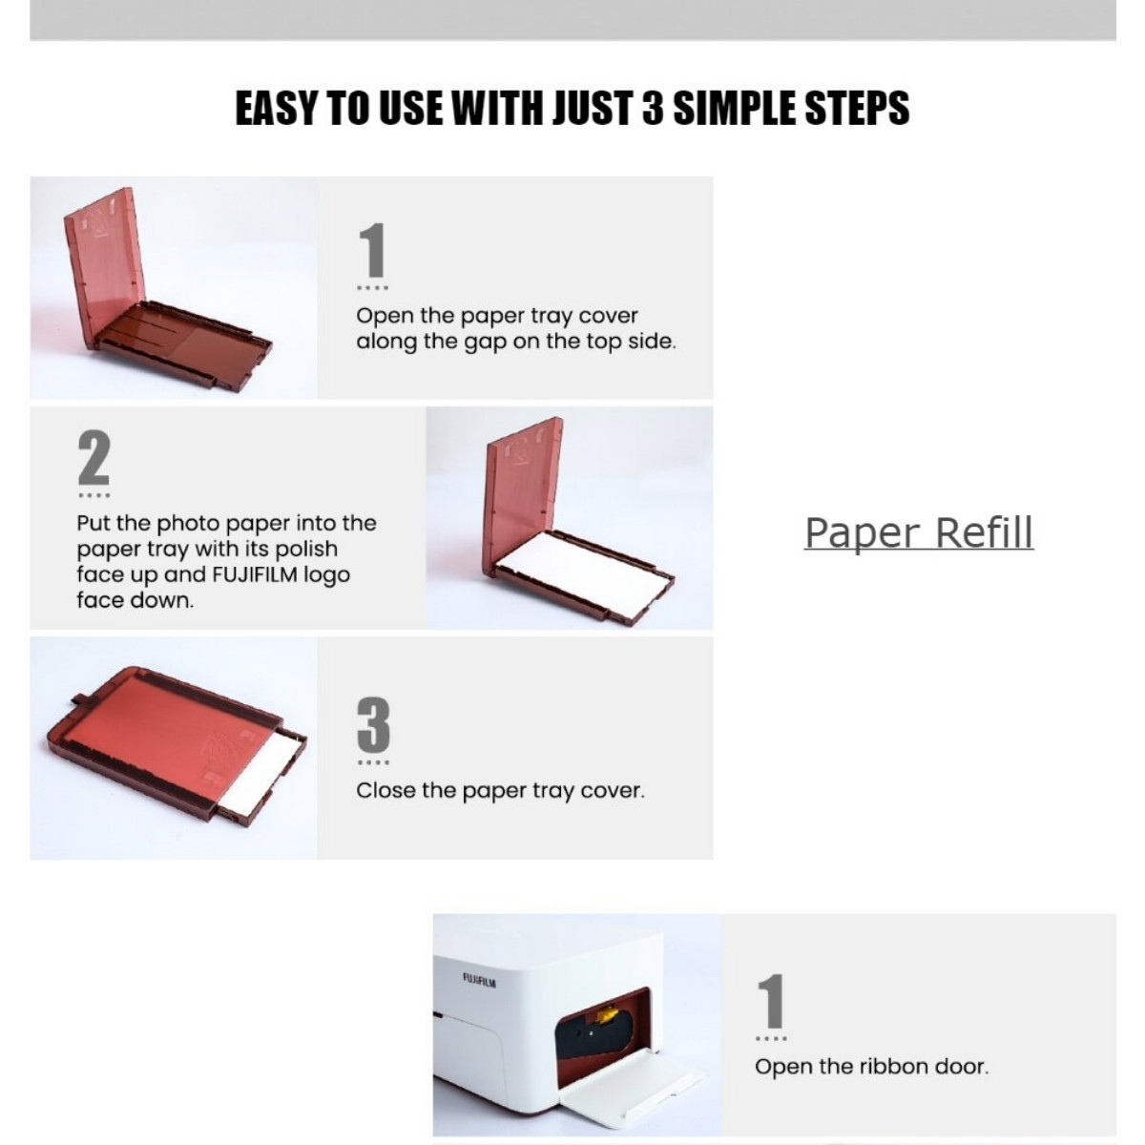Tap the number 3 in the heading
pos(653,108)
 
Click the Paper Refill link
pos(918,532)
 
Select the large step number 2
pos(94,459)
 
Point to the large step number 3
pos(373,725)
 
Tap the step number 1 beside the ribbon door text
pos(771,1002)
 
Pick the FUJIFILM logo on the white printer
pos(479,979)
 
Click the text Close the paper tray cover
pos(500,791)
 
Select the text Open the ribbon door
pos(871,1067)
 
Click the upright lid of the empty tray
pos(108,258)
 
